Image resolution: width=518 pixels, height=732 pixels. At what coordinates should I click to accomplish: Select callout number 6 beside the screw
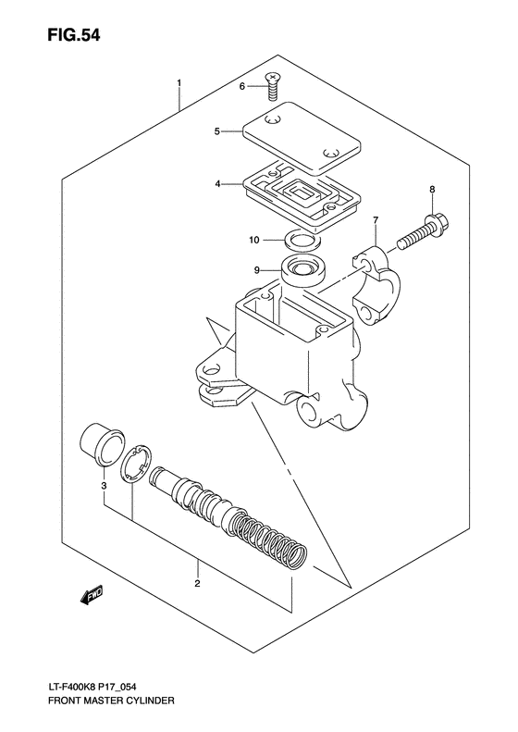242,86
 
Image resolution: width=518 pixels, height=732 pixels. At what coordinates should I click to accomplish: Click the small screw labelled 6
271,88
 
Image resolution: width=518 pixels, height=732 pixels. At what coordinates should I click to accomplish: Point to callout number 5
216,131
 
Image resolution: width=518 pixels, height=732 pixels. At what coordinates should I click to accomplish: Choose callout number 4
218,184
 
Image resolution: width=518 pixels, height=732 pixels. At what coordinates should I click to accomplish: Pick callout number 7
376,220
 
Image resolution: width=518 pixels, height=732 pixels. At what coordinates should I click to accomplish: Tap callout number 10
254,241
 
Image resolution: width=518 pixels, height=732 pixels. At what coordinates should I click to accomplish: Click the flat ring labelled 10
297,241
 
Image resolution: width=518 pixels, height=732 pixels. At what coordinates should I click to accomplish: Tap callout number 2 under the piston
198,584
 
